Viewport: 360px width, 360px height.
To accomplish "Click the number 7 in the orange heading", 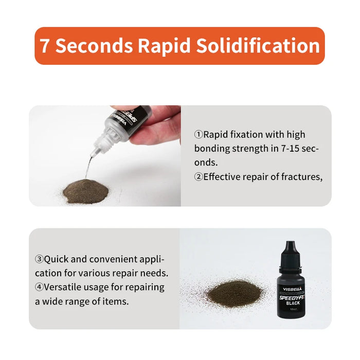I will tap(45, 46).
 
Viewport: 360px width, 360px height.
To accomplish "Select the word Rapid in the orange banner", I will tap(166, 46).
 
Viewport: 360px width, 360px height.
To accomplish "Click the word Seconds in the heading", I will tap(95, 46).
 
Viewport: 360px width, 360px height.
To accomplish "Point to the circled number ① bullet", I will tap(199, 135).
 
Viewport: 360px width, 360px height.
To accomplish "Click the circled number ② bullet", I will tap(199, 177).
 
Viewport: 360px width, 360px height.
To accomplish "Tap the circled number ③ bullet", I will tap(39, 259).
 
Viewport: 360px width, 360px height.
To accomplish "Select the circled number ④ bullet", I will tap(39, 287).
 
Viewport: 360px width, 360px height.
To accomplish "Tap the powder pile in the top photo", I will tap(85, 191).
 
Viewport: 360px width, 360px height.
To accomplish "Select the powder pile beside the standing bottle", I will tap(234, 293).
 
